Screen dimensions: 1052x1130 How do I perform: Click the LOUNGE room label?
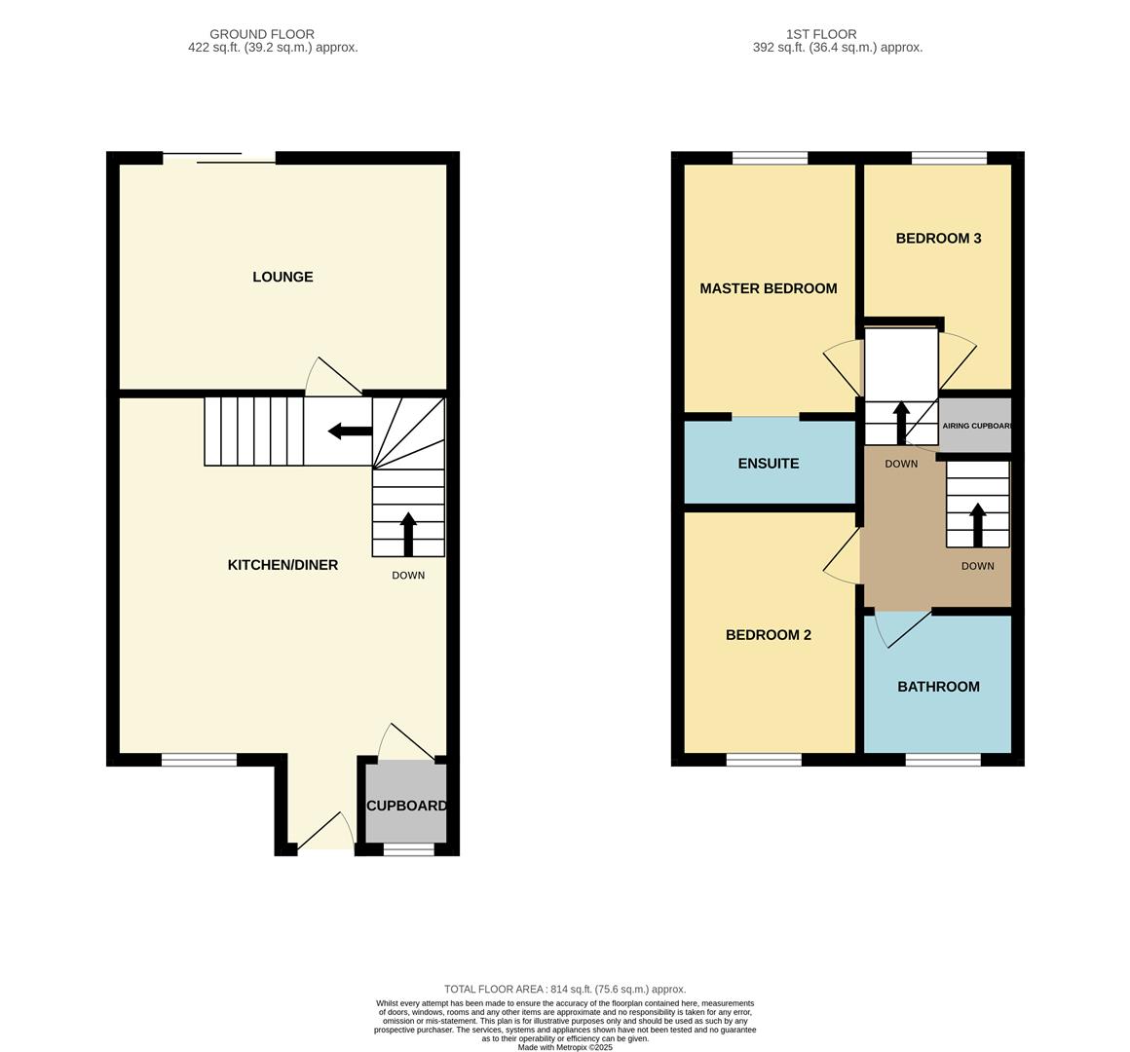pyautogui.click(x=282, y=277)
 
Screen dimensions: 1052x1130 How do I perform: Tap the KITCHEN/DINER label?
pyautogui.click(x=282, y=565)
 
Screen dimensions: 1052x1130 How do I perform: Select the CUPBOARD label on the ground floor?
pyautogui.click(x=406, y=806)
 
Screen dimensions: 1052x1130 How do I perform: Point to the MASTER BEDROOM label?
pyautogui.click(x=768, y=288)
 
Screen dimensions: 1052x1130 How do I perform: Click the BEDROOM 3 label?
pyautogui.click(x=938, y=238)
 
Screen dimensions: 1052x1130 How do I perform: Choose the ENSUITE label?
pyautogui.click(x=768, y=464)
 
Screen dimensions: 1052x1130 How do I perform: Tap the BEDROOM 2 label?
pyautogui.click(x=768, y=635)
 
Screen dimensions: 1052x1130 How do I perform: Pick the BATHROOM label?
pyautogui.click(x=938, y=687)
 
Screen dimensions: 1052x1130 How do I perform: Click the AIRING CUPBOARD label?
pyautogui.click(x=976, y=426)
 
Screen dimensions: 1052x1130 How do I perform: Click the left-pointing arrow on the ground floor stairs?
pyautogui.click(x=349, y=431)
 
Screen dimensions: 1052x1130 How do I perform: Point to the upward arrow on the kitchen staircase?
pyautogui.click(x=408, y=534)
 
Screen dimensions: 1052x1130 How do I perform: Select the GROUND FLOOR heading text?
pyautogui.click(x=262, y=34)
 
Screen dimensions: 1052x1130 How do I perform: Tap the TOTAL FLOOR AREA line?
pyautogui.click(x=565, y=989)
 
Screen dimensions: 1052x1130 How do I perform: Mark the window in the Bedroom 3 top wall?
pyautogui.click(x=949, y=158)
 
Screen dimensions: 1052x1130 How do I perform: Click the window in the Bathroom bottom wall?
pyautogui.click(x=943, y=760)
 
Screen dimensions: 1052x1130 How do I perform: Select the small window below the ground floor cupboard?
pyautogui.click(x=408, y=850)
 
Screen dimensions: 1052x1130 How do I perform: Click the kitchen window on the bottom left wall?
pyautogui.click(x=199, y=760)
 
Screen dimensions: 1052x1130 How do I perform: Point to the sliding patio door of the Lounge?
pyautogui.click(x=219, y=158)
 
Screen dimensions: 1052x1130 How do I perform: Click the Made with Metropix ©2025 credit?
pyautogui.click(x=565, y=1047)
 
